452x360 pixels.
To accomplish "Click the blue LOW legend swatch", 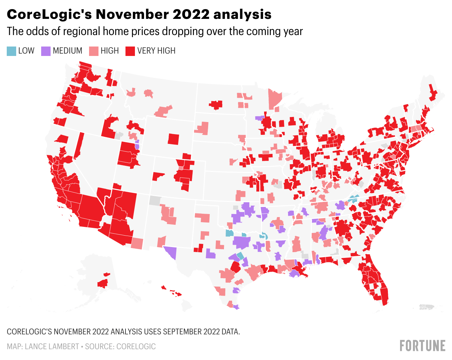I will (11, 51).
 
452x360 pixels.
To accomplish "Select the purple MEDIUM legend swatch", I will (46, 51).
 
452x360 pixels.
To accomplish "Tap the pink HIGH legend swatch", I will (94, 51).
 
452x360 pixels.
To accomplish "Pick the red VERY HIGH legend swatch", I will (130, 51).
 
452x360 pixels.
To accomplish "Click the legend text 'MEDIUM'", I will (67, 51).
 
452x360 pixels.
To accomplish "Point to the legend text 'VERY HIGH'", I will (156, 51).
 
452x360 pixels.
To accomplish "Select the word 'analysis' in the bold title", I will (242, 14).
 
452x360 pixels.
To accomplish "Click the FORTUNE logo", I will (422, 346).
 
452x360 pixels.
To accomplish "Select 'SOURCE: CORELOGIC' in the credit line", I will (120, 347).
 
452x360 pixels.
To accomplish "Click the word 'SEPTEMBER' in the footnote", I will (182, 332).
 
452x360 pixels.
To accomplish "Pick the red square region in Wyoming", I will (173, 139).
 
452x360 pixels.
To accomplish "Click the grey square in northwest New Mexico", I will (155, 200).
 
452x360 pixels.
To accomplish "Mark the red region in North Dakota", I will (216, 104).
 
